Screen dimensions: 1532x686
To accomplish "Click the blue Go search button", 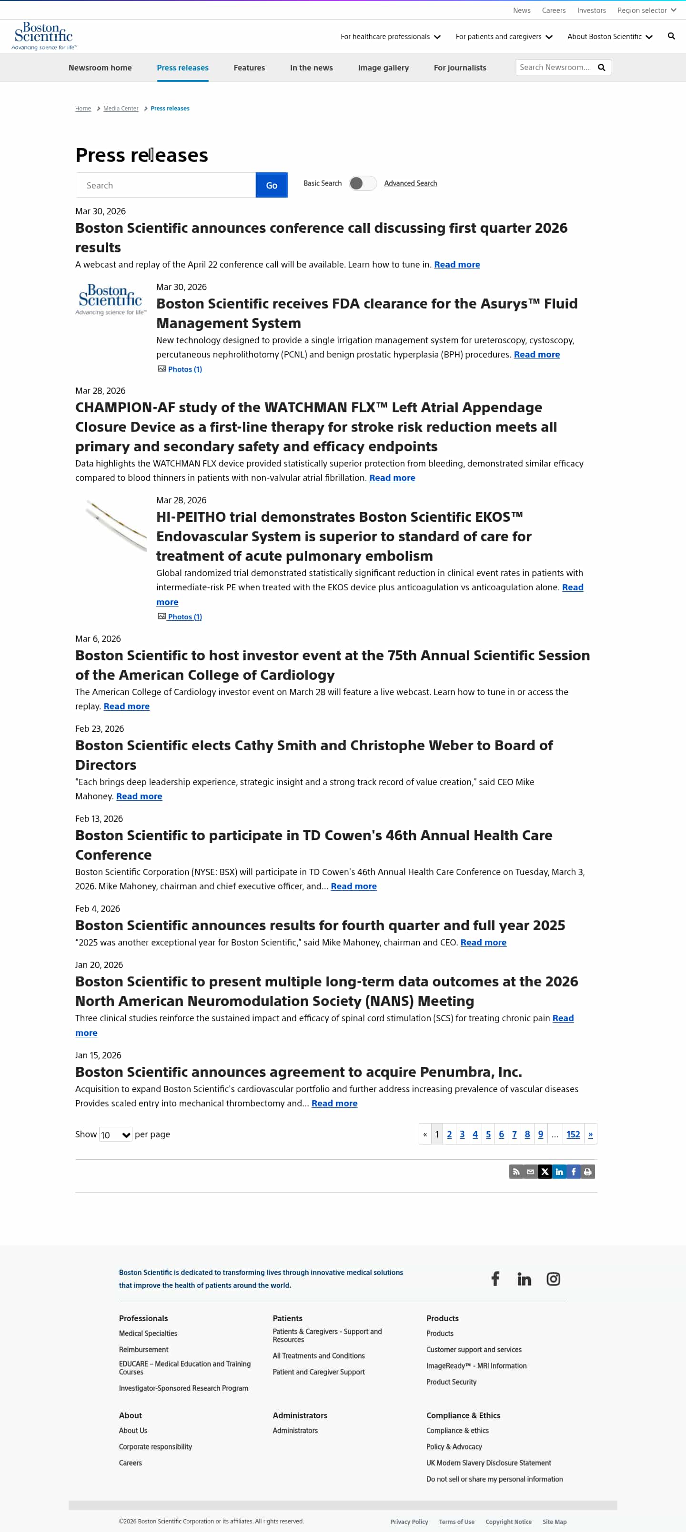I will click(272, 186).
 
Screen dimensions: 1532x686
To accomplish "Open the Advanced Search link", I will click(410, 183).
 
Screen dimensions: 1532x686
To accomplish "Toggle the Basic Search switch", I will click(363, 183).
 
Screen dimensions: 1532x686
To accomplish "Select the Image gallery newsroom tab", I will click(383, 68).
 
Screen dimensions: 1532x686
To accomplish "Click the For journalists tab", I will click(459, 68).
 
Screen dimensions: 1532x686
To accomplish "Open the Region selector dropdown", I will click(646, 10).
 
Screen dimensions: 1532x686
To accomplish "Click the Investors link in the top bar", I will click(591, 10).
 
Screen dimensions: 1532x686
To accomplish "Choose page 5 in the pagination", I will click(488, 1134).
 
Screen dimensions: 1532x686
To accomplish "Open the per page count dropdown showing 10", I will click(115, 1135).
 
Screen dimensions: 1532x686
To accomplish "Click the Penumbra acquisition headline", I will click(298, 1072).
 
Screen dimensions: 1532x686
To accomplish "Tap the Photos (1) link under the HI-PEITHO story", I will click(184, 617).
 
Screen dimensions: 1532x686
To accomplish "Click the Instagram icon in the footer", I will click(553, 1279).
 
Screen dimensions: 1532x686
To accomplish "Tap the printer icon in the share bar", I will click(587, 1172).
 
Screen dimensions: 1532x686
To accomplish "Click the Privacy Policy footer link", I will click(409, 1522).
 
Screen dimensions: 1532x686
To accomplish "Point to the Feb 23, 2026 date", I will click(100, 728).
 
